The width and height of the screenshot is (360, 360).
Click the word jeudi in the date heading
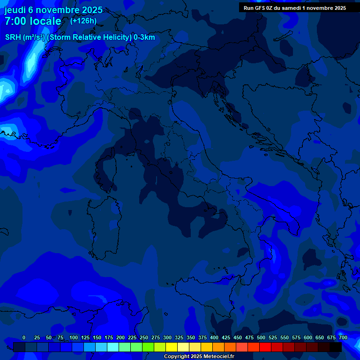pyautogui.click(x=15, y=10)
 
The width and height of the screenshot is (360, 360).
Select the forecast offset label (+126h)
pyautogui.click(x=83, y=21)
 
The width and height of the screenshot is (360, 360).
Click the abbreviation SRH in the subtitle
pyautogui.click(x=13, y=37)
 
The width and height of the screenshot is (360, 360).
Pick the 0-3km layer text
pyautogui.click(x=144, y=37)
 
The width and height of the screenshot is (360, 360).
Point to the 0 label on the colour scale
pyautogui.click(x=24, y=337)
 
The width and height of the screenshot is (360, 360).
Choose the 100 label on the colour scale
pyautogui.click(x=74, y=337)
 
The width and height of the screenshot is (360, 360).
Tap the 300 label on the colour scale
pyautogui.click(x=167, y=337)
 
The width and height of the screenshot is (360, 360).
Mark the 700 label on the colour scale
pyautogui.click(x=343, y=337)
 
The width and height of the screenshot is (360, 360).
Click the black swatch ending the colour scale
pyautogui.click(x=336, y=347)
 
